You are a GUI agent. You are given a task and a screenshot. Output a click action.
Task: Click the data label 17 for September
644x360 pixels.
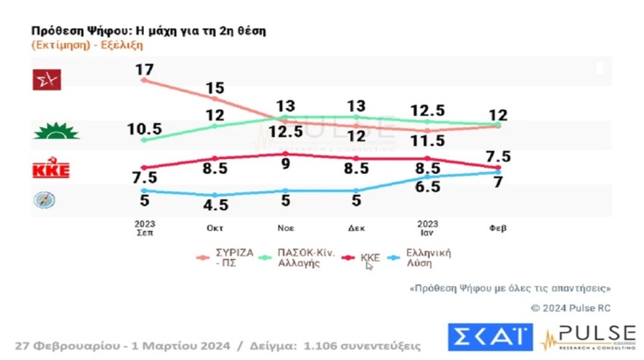click(145, 68)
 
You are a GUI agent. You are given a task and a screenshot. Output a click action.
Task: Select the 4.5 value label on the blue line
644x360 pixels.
click(216, 205)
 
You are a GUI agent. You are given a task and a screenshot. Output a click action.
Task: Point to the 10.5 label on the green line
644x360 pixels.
click(145, 127)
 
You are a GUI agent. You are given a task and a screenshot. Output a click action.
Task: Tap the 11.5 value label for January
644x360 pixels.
click(427, 140)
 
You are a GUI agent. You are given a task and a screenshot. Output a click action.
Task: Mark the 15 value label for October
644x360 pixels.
click(216, 89)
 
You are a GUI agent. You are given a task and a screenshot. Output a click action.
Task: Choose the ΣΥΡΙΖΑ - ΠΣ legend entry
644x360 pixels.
click(233, 257)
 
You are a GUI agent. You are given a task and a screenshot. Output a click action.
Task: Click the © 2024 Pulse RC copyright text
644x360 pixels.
click(570, 307)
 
